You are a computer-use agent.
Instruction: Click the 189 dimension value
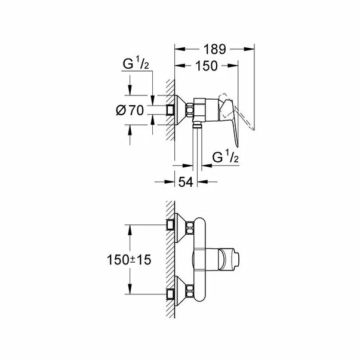tap(215, 50)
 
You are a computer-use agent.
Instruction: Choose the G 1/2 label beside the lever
tap(226, 158)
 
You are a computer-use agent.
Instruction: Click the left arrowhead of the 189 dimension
tap(177, 50)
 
